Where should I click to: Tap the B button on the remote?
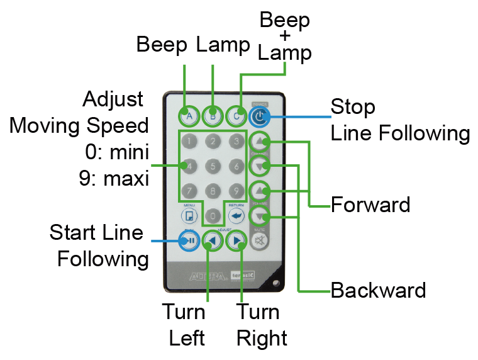213,115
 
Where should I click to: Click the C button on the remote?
236,115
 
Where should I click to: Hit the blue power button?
259,116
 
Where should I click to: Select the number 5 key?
213,166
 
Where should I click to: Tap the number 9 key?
236,189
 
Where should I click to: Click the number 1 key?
189,141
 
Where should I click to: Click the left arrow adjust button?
213,240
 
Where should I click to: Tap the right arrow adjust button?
236,240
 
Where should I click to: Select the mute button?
260,240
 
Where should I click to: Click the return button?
236,216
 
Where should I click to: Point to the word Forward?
370,205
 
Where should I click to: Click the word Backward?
378,291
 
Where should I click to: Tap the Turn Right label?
261,325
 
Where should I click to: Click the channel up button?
260,141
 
